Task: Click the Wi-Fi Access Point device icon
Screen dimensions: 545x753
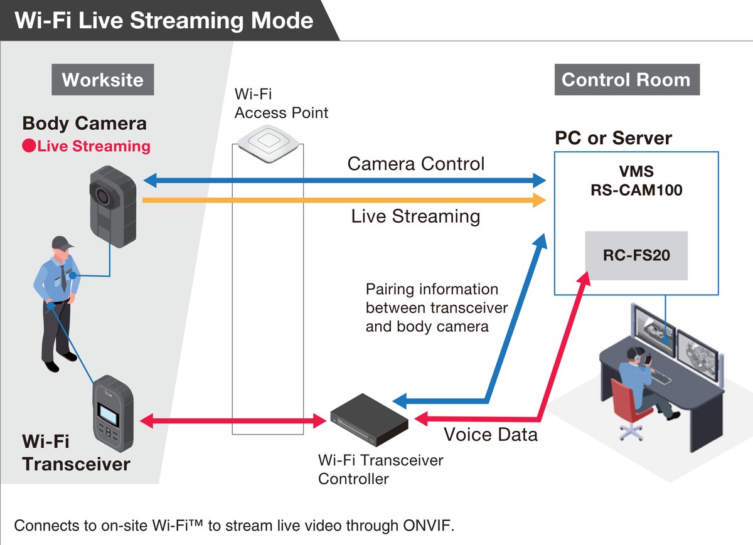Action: click(269, 144)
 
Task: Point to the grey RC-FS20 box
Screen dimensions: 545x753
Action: click(636, 255)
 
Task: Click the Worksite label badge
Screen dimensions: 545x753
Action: click(102, 80)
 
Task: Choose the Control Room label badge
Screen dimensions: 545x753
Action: click(626, 80)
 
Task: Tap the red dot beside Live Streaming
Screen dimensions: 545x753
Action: click(28, 147)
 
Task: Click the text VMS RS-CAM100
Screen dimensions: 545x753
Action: click(636, 181)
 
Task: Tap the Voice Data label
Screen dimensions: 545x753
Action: click(491, 435)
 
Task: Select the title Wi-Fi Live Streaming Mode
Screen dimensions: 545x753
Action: click(164, 20)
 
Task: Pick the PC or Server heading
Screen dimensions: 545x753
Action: click(613, 138)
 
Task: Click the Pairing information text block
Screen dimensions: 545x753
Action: click(437, 308)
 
